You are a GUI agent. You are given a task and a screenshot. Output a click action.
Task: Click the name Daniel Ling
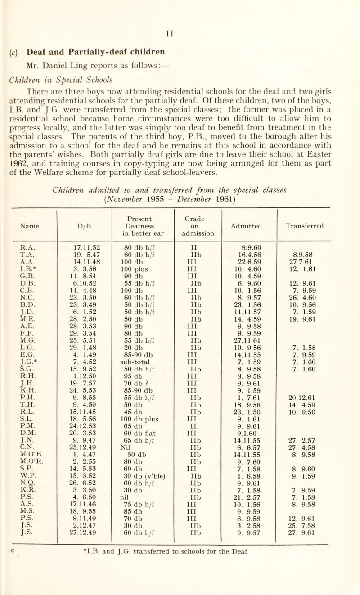[57, 36]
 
